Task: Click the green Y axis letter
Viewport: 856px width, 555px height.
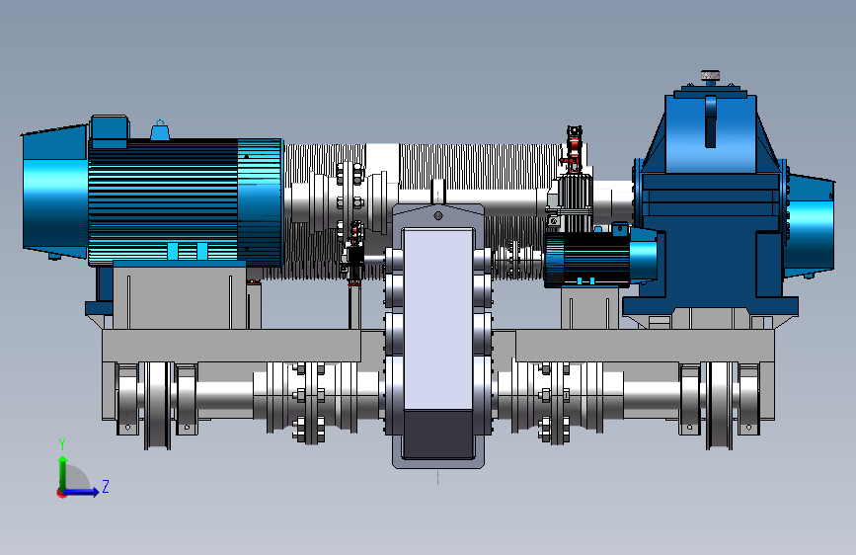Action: click(62, 444)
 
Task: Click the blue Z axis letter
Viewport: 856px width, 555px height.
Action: click(106, 486)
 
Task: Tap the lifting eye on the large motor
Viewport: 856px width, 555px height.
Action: click(159, 130)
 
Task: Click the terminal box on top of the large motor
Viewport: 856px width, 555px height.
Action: click(110, 131)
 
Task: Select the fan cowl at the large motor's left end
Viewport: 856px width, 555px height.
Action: click(54, 192)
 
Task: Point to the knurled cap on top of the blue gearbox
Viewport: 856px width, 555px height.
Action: click(710, 76)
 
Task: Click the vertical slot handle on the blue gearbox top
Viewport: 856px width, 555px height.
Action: click(710, 121)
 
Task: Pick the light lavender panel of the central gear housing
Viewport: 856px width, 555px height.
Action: click(437, 319)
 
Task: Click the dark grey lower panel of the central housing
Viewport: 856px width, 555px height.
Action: click(437, 435)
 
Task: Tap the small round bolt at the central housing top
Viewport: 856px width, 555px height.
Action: click(437, 215)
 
